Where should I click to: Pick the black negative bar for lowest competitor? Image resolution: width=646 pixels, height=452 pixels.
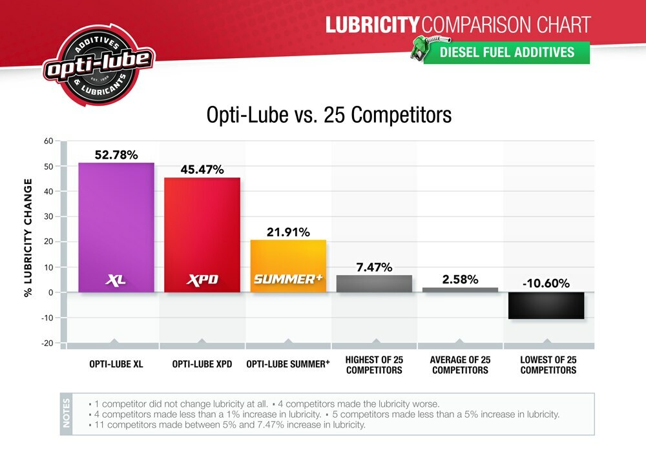point(546,305)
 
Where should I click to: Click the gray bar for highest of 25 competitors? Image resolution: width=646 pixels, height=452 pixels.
point(374,284)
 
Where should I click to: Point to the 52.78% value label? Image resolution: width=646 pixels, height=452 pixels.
point(116,155)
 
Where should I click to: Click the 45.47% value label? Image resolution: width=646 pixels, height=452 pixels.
point(202,170)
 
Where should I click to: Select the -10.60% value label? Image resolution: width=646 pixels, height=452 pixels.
point(546,283)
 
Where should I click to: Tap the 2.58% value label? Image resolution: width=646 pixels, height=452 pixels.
point(460,280)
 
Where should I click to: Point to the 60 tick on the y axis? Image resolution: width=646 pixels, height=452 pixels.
point(48,141)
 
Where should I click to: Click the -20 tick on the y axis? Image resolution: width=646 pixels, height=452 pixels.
point(47,343)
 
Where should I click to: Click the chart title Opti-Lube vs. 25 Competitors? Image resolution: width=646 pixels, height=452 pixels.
point(329,115)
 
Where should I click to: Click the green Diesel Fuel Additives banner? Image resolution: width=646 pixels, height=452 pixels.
point(507,52)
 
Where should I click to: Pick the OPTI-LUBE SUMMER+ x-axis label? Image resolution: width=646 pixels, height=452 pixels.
point(288,364)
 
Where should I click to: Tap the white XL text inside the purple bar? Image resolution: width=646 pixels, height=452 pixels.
point(116,280)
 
